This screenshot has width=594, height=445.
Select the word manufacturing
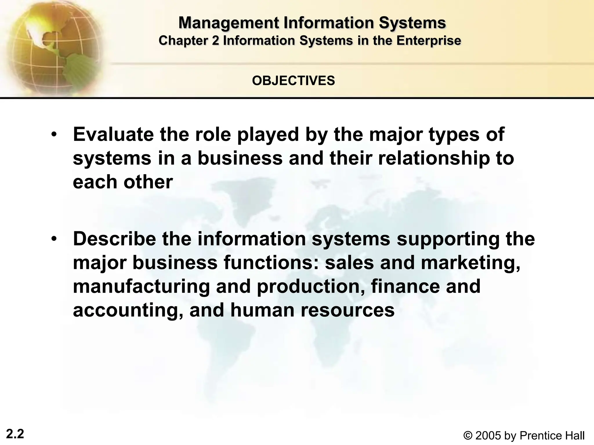click(141, 287)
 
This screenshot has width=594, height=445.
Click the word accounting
click(128, 311)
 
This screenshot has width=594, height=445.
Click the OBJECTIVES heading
click(294, 81)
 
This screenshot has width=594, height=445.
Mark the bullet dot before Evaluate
click(53, 135)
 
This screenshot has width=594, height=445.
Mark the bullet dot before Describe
click(53, 239)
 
